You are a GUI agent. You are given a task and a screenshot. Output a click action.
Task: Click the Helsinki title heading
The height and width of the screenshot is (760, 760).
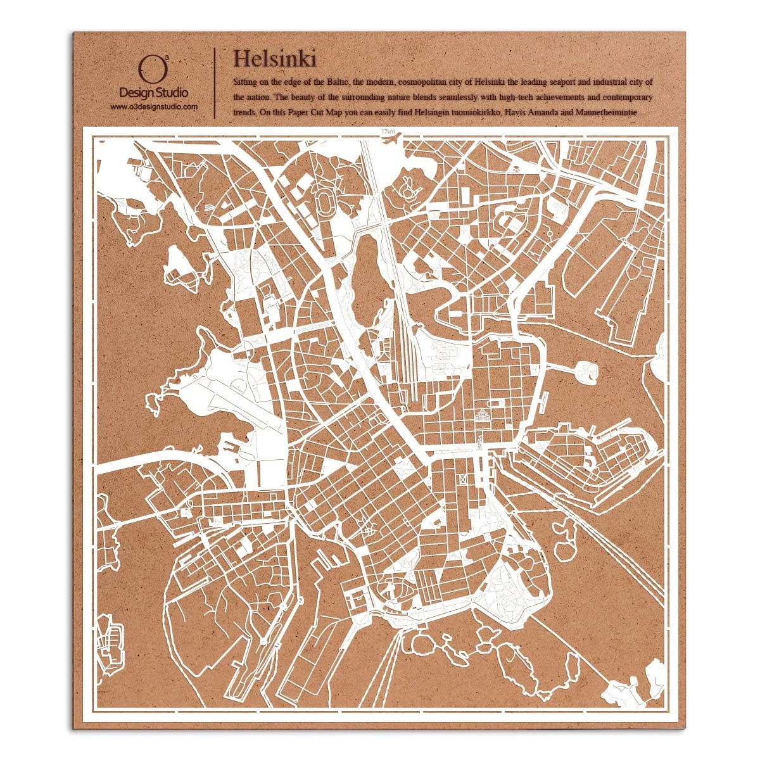click(274, 58)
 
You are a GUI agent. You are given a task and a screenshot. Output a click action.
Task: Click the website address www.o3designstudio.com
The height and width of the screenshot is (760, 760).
click(154, 107)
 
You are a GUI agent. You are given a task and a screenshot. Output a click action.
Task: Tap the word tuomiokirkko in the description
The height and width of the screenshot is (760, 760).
click(469, 113)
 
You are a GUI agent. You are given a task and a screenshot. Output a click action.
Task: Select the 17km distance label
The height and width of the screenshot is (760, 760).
click(388, 131)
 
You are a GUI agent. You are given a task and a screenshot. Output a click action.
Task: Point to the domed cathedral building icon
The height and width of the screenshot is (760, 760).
click(483, 415)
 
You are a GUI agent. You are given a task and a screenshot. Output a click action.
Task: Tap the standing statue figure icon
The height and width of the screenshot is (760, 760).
click(481, 441)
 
